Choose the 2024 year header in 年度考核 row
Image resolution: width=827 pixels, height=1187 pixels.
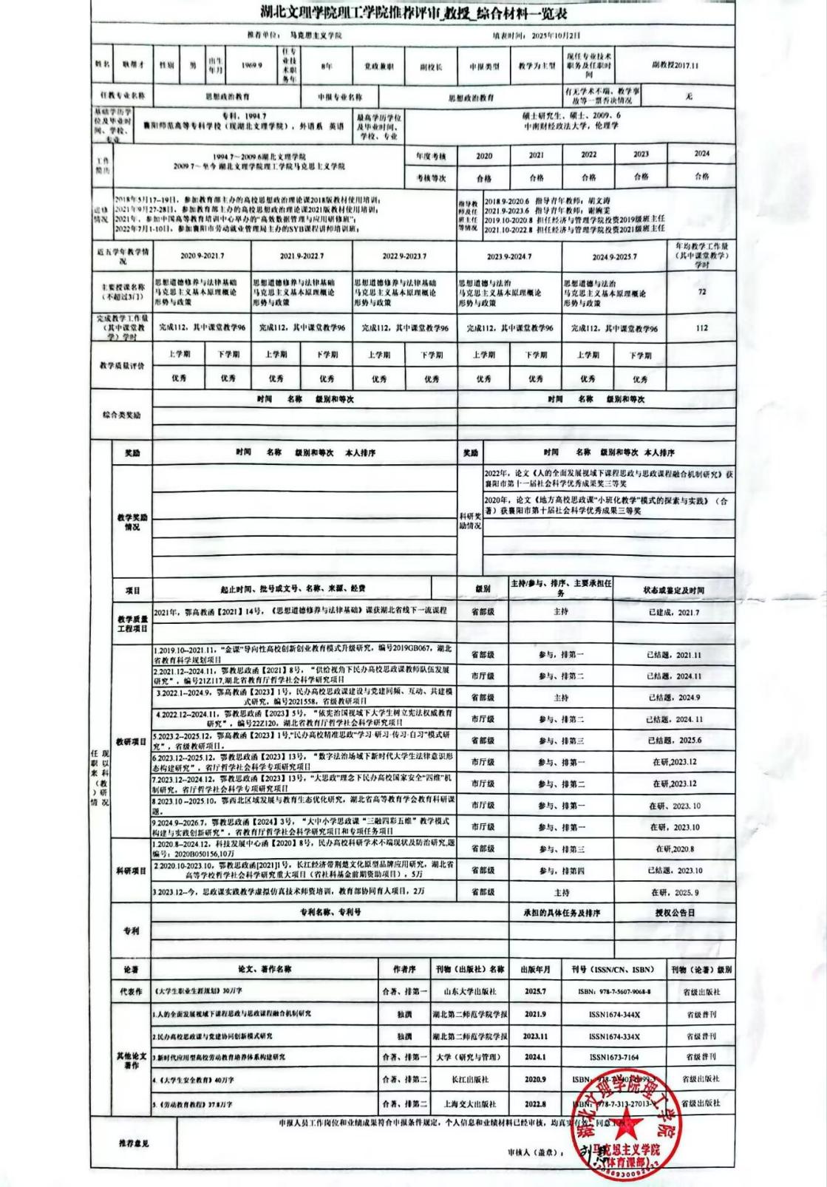pyautogui.click(x=701, y=154)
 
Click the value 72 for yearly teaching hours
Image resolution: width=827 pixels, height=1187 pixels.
pyautogui.click(x=701, y=292)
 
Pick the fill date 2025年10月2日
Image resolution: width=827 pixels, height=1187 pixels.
pyautogui.click(x=547, y=35)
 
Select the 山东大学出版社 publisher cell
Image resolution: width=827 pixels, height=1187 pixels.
pyautogui.click(x=469, y=992)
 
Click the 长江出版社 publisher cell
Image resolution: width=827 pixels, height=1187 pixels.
pyautogui.click(x=469, y=1080)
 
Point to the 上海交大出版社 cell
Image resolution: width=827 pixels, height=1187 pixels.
pyautogui.click(x=469, y=1103)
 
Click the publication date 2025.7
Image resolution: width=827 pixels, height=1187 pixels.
pyautogui.click(x=534, y=992)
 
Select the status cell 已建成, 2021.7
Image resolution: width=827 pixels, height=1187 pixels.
pyautogui.click(x=673, y=612)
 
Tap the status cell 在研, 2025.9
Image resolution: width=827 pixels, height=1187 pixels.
pyautogui.click(x=673, y=893)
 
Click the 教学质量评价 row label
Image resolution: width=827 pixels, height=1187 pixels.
pyautogui.click(x=122, y=366)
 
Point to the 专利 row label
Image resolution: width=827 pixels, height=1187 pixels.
pyautogui.click(x=131, y=931)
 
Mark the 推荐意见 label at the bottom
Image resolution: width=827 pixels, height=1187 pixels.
pyautogui.click(x=134, y=1143)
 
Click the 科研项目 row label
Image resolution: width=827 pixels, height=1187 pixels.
pyautogui.click(x=132, y=871)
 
